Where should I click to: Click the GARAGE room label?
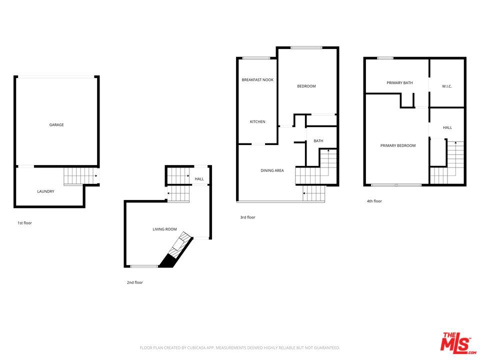(56, 125)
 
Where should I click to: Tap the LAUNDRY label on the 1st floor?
(45, 191)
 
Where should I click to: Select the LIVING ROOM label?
(164, 229)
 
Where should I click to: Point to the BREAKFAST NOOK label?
(257, 80)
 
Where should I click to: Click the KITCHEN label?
(257, 122)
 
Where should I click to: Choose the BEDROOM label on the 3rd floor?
(306, 86)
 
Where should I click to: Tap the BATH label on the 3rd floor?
(318, 141)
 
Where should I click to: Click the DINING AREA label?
(272, 170)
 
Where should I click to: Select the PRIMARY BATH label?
(399, 83)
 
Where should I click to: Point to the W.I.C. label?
(447, 86)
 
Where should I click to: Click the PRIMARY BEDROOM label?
(398, 146)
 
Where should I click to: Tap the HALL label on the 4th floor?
(447, 127)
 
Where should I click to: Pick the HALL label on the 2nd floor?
(199, 179)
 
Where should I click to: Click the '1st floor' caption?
(24, 223)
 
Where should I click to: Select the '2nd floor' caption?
(134, 282)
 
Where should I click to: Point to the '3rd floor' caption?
(247, 217)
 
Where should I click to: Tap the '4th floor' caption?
(374, 201)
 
